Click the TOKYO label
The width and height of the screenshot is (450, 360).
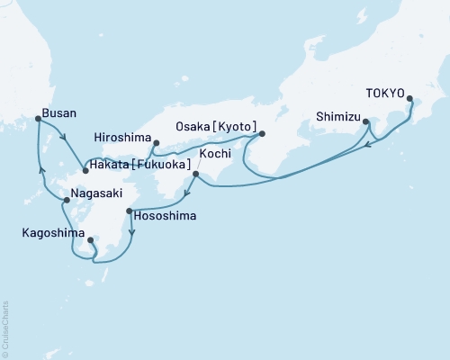click(385, 91)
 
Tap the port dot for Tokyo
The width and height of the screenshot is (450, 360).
click(410, 99)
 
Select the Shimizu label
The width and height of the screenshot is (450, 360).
click(337, 116)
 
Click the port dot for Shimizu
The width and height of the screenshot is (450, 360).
click(365, 121)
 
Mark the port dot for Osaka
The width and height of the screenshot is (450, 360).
click(262, 134)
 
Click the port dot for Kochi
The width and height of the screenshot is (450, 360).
click(196, 174)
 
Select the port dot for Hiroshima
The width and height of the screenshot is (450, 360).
click(156, 142)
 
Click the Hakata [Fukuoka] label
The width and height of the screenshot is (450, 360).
click(141, 166)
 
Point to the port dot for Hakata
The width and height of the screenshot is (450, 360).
click(85, 168)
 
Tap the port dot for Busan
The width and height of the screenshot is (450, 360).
click(38, 119)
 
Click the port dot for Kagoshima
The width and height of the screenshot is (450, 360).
click(91, 239)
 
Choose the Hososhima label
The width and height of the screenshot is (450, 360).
click(165, 217)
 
